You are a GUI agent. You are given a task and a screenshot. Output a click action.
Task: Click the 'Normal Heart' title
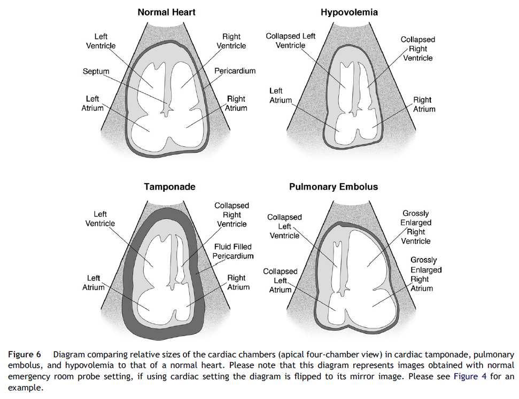tap(166, 12)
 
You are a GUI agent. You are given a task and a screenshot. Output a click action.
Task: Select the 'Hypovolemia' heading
tap(349, 13)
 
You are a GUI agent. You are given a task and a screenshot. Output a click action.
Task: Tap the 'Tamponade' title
tap(169, 187)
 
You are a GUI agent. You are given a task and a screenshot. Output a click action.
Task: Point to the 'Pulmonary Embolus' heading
tap(334, 187)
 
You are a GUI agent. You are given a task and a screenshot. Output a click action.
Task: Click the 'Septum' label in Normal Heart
tap(96, 71)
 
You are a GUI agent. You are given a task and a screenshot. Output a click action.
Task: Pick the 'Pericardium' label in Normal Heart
tap(235, 71)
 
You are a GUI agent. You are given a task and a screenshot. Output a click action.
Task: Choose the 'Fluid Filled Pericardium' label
tap(233, 251)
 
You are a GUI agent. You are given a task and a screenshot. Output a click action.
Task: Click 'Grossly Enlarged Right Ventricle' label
tap(416, 227)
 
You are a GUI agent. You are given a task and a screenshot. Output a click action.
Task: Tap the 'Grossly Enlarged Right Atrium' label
tap(426, 274)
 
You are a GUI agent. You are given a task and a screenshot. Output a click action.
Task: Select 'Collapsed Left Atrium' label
tap(280, 280)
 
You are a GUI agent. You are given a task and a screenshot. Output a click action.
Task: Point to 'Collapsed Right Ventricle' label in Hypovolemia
tap(418, 49)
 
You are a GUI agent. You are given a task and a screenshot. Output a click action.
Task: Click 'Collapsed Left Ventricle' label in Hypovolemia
tap(290, 41)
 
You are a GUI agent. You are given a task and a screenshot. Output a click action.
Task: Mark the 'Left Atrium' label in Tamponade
tap(94, 283)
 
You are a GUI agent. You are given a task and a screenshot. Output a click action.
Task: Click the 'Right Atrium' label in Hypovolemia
tap(424, 104)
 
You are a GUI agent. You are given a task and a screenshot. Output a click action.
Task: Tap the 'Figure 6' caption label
tap(25, 354)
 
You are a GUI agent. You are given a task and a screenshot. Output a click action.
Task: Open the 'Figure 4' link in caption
tap(470, 377)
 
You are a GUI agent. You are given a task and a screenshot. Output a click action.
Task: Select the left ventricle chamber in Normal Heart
tap(151, 83)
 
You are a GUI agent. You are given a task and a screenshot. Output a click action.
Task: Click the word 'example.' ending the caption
tap(26, 388)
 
